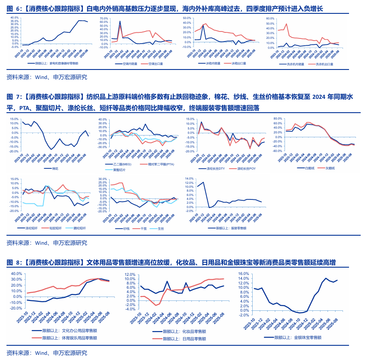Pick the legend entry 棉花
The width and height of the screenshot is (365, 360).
[x=55, y=168]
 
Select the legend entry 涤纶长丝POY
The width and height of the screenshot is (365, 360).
[x=247, y=168]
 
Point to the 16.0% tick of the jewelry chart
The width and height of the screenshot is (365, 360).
[x=245, y=274]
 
